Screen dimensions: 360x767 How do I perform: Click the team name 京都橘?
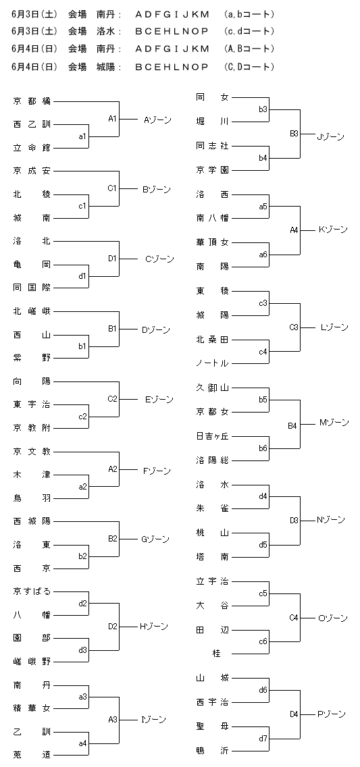coord(32,101)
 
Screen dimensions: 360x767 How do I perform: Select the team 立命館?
coord(32,148)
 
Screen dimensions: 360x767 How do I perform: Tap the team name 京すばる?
coord(32,591)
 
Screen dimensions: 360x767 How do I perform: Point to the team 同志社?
coord(212,146)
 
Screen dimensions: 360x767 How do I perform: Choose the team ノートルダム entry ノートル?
coord(212,363)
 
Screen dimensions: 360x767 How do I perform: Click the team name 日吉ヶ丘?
coord(212,436)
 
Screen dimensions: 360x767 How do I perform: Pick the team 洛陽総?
coord(212,460)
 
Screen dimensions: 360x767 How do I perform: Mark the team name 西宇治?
coord(212,702)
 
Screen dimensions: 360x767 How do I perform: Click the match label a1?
coord(82,136)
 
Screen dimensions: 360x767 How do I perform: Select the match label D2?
coord(113,626)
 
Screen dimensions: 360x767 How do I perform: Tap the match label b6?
coord(263,448)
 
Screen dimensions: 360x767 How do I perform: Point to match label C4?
coord(294,618)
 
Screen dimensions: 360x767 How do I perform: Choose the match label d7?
coord(263,738)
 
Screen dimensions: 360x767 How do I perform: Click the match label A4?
coord(294,230)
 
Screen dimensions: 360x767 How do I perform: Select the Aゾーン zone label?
coord(157,120)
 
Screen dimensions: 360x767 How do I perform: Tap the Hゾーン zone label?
coord(153,626)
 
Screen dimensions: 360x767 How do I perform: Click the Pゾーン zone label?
coord(332,714)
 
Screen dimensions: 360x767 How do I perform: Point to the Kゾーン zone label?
coord(333,230)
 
